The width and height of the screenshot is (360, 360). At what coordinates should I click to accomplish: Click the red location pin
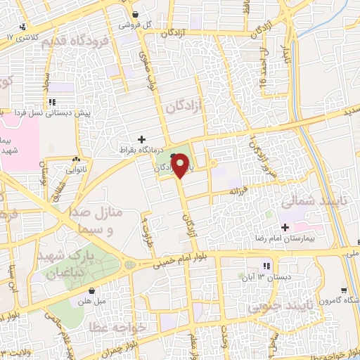pyautogui.click(x=181, y=167)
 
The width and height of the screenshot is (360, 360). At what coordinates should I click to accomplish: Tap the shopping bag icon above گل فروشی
pyautogui.click(x=135, y=14)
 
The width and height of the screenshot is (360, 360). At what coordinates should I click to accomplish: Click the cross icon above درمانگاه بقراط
pyautogui.click(x=142, y=139)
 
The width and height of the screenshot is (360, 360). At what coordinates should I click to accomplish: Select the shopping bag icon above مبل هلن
pyautogui.click(x=91, y=290)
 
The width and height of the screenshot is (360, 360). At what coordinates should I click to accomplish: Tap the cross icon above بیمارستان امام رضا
pyautogui.click(x=285, y=227)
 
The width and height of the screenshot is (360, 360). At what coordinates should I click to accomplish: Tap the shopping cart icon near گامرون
pyautogui.click(x=342, y=290)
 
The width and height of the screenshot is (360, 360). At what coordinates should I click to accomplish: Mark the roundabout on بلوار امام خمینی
pyautogui.click(x=130, y=266)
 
